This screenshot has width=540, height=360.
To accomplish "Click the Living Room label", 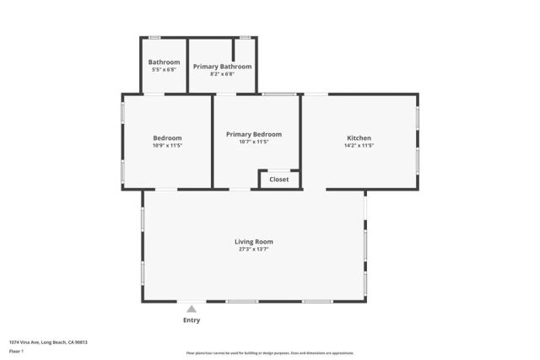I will [x=253, y=242].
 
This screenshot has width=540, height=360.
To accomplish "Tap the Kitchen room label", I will [x=359, y=138].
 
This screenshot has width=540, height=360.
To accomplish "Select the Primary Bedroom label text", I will [x=253, y=134].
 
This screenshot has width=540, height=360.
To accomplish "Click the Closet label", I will [x=278, y=180].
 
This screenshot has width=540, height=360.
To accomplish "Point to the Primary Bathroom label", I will [x=222, y=67].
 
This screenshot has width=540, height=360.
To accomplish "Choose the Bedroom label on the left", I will [x=167, y=138].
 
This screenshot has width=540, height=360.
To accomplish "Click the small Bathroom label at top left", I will [x=164, y=62].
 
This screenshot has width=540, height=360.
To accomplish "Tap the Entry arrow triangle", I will [x=192, y=309].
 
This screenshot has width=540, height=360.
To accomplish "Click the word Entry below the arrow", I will [x=192, y=320].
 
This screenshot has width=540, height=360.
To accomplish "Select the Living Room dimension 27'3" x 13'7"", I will [x=253, y=250].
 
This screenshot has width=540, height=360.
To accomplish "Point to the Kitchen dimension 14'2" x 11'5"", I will [x=359, y=146].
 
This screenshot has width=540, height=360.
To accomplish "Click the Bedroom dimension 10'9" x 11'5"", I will [x=167, y=146].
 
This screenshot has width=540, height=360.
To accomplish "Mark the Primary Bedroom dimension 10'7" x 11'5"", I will [x=253, y=142].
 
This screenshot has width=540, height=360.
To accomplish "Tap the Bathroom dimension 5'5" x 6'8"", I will [x=164, y=70].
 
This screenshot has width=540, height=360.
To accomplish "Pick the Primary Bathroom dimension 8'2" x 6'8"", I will [x=222, y=74].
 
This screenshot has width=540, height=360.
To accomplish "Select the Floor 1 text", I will [x=16, y=350].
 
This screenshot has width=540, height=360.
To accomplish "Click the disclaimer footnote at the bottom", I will [x=269, y=353].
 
